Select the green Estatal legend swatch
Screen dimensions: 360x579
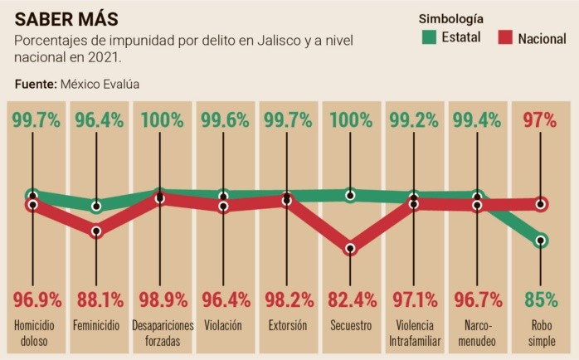click(429, 36)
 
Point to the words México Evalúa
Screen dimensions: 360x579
click(99, 84)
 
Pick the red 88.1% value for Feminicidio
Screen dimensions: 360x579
click(96, 298)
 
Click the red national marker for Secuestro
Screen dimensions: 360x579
click(350, 248)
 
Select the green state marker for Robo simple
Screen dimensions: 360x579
click(541, 241)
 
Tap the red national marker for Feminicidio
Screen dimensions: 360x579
click(96, 231)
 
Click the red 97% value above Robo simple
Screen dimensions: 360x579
click(539, 120)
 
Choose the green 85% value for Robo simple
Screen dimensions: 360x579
click(540, 298)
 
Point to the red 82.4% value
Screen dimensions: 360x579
click(350, 298)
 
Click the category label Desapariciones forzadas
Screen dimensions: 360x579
click(163, 332)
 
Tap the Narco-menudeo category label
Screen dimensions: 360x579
click(478, 332)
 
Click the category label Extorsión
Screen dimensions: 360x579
click(288, 325)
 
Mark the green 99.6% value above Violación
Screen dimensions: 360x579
click(224, 120)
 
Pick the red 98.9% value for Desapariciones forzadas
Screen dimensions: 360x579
click(163, 298)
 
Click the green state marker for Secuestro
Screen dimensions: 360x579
click(350, 196)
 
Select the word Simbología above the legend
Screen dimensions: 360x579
click(451, 18)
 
